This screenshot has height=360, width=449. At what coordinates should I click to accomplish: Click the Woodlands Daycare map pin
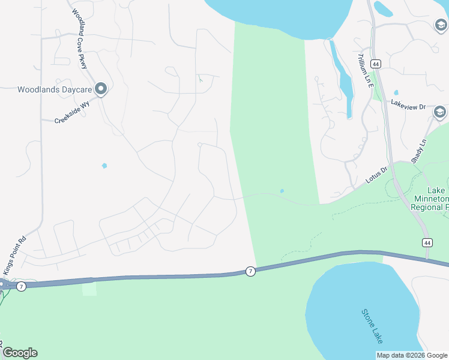pos(100,89)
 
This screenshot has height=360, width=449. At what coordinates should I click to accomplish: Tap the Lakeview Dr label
pos(408,106)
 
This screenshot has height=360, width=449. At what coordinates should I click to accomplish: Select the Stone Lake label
pos(372,326)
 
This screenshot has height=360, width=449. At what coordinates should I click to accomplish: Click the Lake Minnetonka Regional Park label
pos(430,198)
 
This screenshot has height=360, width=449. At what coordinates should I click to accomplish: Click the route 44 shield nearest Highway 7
pos(426,242)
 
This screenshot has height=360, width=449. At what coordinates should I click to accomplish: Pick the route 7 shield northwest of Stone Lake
pos(250,272)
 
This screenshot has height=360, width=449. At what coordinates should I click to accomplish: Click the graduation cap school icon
pos(440,112)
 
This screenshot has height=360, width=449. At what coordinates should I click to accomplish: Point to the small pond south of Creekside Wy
pos(104,166)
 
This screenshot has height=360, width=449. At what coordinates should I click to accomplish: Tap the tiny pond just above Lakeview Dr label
pos(396,93)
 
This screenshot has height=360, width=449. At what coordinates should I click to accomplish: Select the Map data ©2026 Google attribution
pos(411,355)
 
